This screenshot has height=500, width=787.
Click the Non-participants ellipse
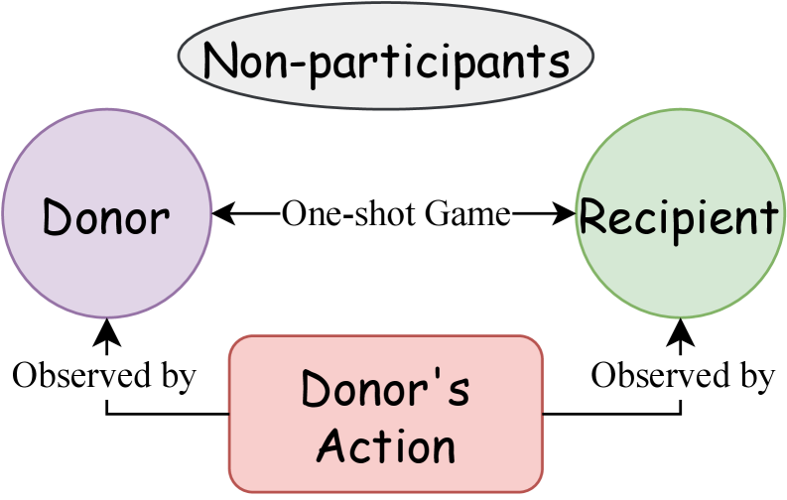(386, 60)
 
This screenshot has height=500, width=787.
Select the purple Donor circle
(106, 214)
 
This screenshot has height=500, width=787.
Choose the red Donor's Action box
(386, 415)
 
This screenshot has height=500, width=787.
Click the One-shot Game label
(396, 214)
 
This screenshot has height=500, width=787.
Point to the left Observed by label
(104, 376)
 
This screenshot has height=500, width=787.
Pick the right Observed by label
(683, 376)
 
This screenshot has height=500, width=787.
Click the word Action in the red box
(386, 446)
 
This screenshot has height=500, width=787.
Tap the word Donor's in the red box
(386, 389)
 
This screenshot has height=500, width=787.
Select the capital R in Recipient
(593, 216)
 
